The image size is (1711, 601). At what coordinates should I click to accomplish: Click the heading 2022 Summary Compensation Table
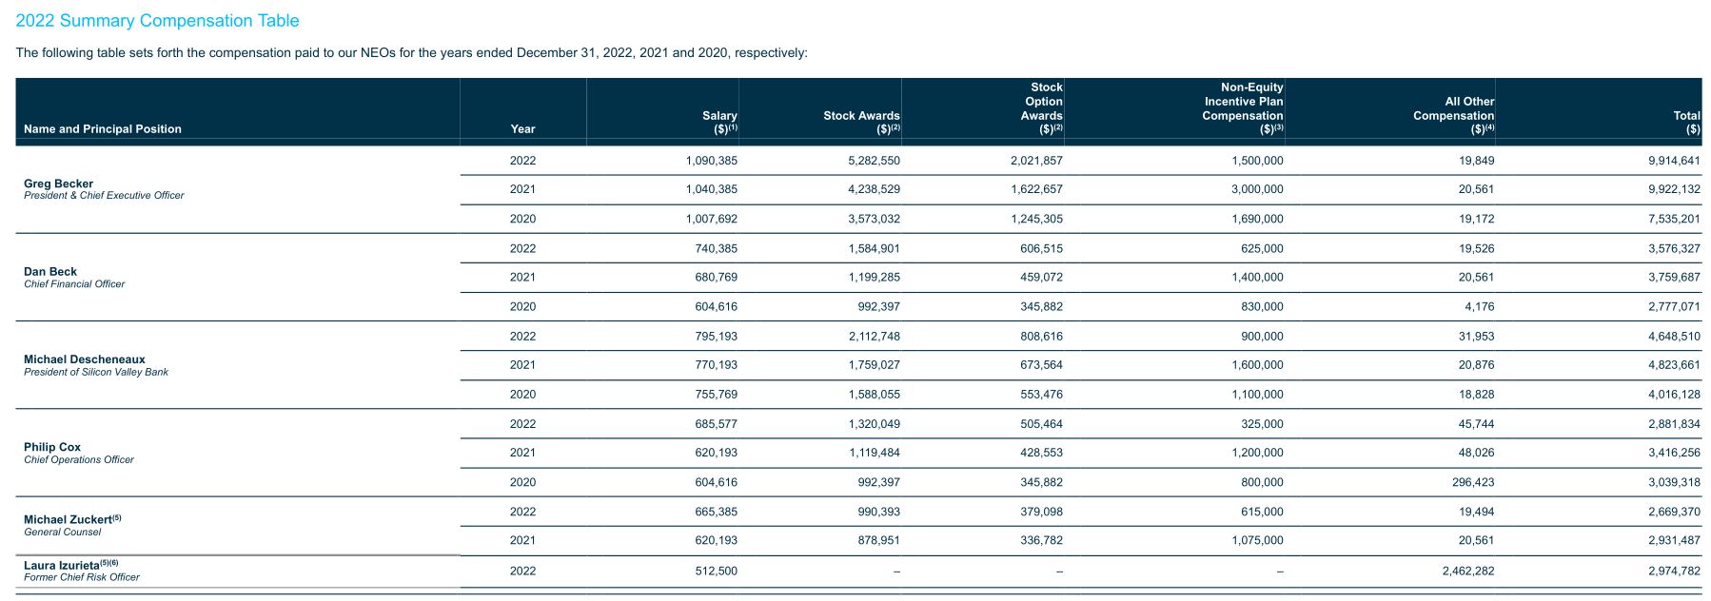pos(157,20)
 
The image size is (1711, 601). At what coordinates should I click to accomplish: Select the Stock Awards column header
pos(861,122)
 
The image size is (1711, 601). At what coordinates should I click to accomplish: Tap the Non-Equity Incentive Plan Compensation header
pos(1243,108)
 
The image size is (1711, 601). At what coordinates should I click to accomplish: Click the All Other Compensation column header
pos(1453,115)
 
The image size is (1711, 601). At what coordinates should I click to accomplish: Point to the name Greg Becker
pos(58,184)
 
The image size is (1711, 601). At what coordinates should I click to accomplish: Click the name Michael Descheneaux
pos(85,359)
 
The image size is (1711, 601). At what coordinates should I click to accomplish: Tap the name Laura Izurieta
pos(61,565)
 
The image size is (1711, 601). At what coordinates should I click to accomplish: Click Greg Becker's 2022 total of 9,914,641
pos(1674,161)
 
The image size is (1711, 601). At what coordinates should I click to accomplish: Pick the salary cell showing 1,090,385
pos(711,161)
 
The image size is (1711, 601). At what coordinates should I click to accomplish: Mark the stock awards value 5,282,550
pos(874,161)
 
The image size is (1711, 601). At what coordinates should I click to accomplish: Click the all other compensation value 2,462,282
pos(1468,571)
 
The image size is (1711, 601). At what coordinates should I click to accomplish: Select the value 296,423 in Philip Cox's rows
pos(1473,482)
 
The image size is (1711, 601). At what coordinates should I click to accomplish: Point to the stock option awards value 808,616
pos(1042,336)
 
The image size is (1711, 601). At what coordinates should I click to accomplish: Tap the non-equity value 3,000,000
pos(1258,189)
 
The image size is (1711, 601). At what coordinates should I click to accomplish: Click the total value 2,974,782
pos(1674,571)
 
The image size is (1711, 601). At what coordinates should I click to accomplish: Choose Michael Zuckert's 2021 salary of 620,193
pos(717,540)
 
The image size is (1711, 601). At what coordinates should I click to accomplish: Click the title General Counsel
pos(62,532)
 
